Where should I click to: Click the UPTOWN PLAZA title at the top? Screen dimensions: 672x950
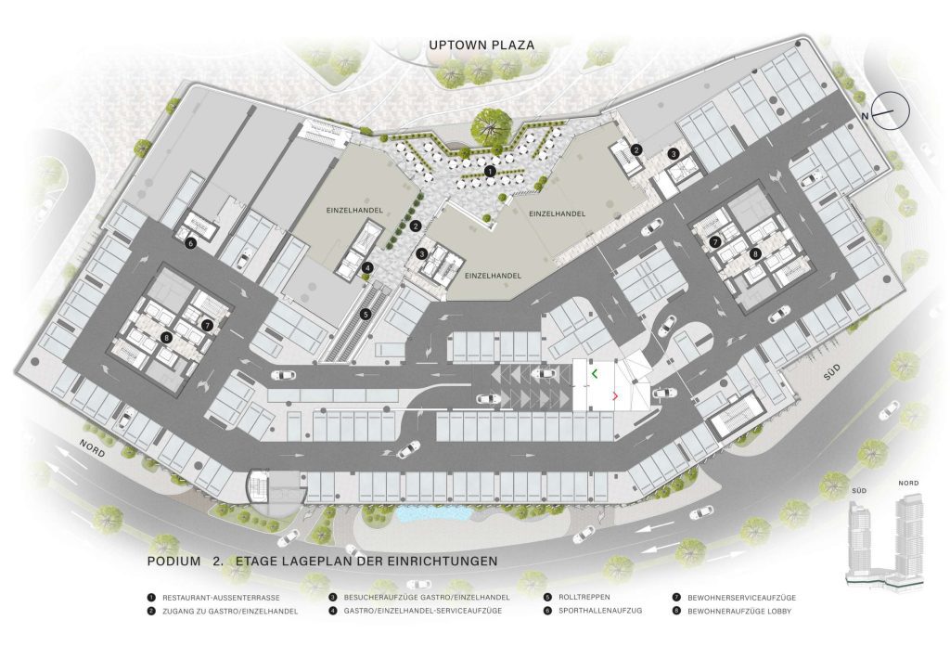coord(481,44)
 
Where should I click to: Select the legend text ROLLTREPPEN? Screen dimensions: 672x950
coord(581,599)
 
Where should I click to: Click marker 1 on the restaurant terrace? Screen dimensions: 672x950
coord(489,170)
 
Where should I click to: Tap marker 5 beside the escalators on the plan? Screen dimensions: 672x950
coord(366,314)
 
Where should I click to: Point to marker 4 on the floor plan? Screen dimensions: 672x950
coord(368,268)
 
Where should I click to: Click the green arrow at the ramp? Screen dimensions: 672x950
coord(594,373)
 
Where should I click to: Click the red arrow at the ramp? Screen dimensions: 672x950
coord(614,396)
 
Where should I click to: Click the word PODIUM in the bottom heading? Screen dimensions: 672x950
coord(174,562)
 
